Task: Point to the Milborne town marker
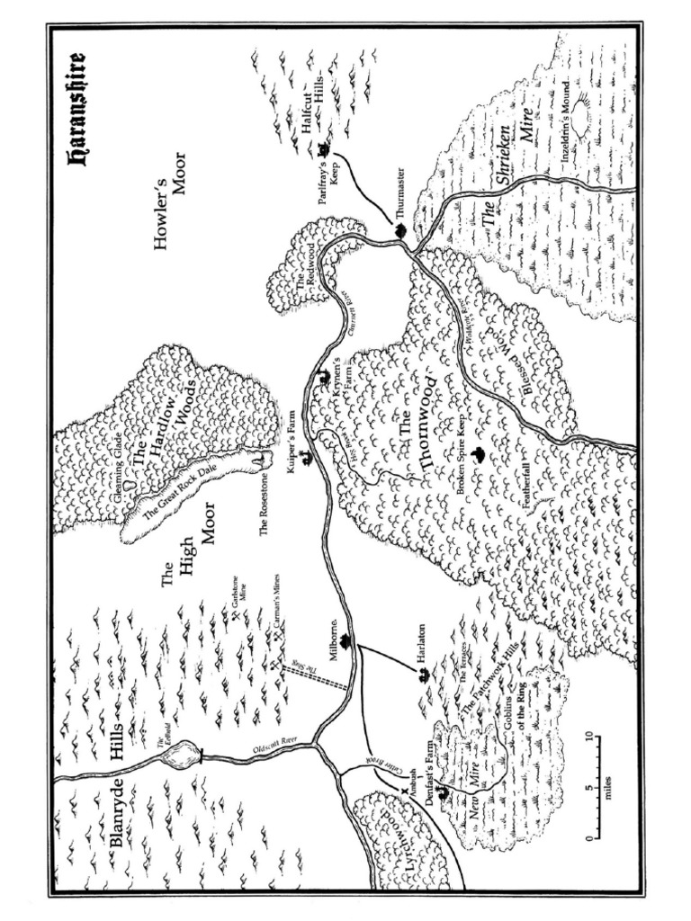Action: coord(345,641)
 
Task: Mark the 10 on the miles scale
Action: coord(589,738)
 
